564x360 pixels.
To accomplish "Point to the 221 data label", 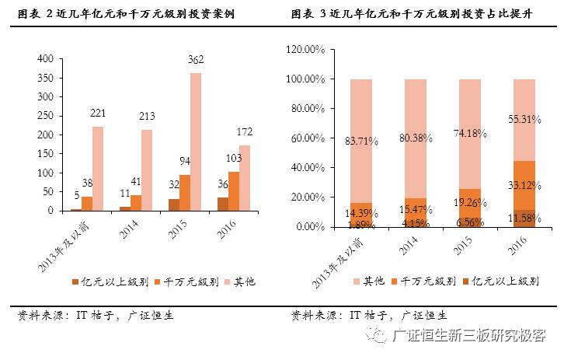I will click(x=98, y=113).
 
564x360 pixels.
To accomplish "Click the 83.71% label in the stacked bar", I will click(x=361, y=141).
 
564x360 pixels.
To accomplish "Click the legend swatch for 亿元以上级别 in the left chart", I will click(x=75, y=281).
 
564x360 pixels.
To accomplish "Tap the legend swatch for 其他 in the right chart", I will click(x=356, y=281).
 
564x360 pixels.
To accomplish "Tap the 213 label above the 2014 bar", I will click(x=147, y=116).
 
